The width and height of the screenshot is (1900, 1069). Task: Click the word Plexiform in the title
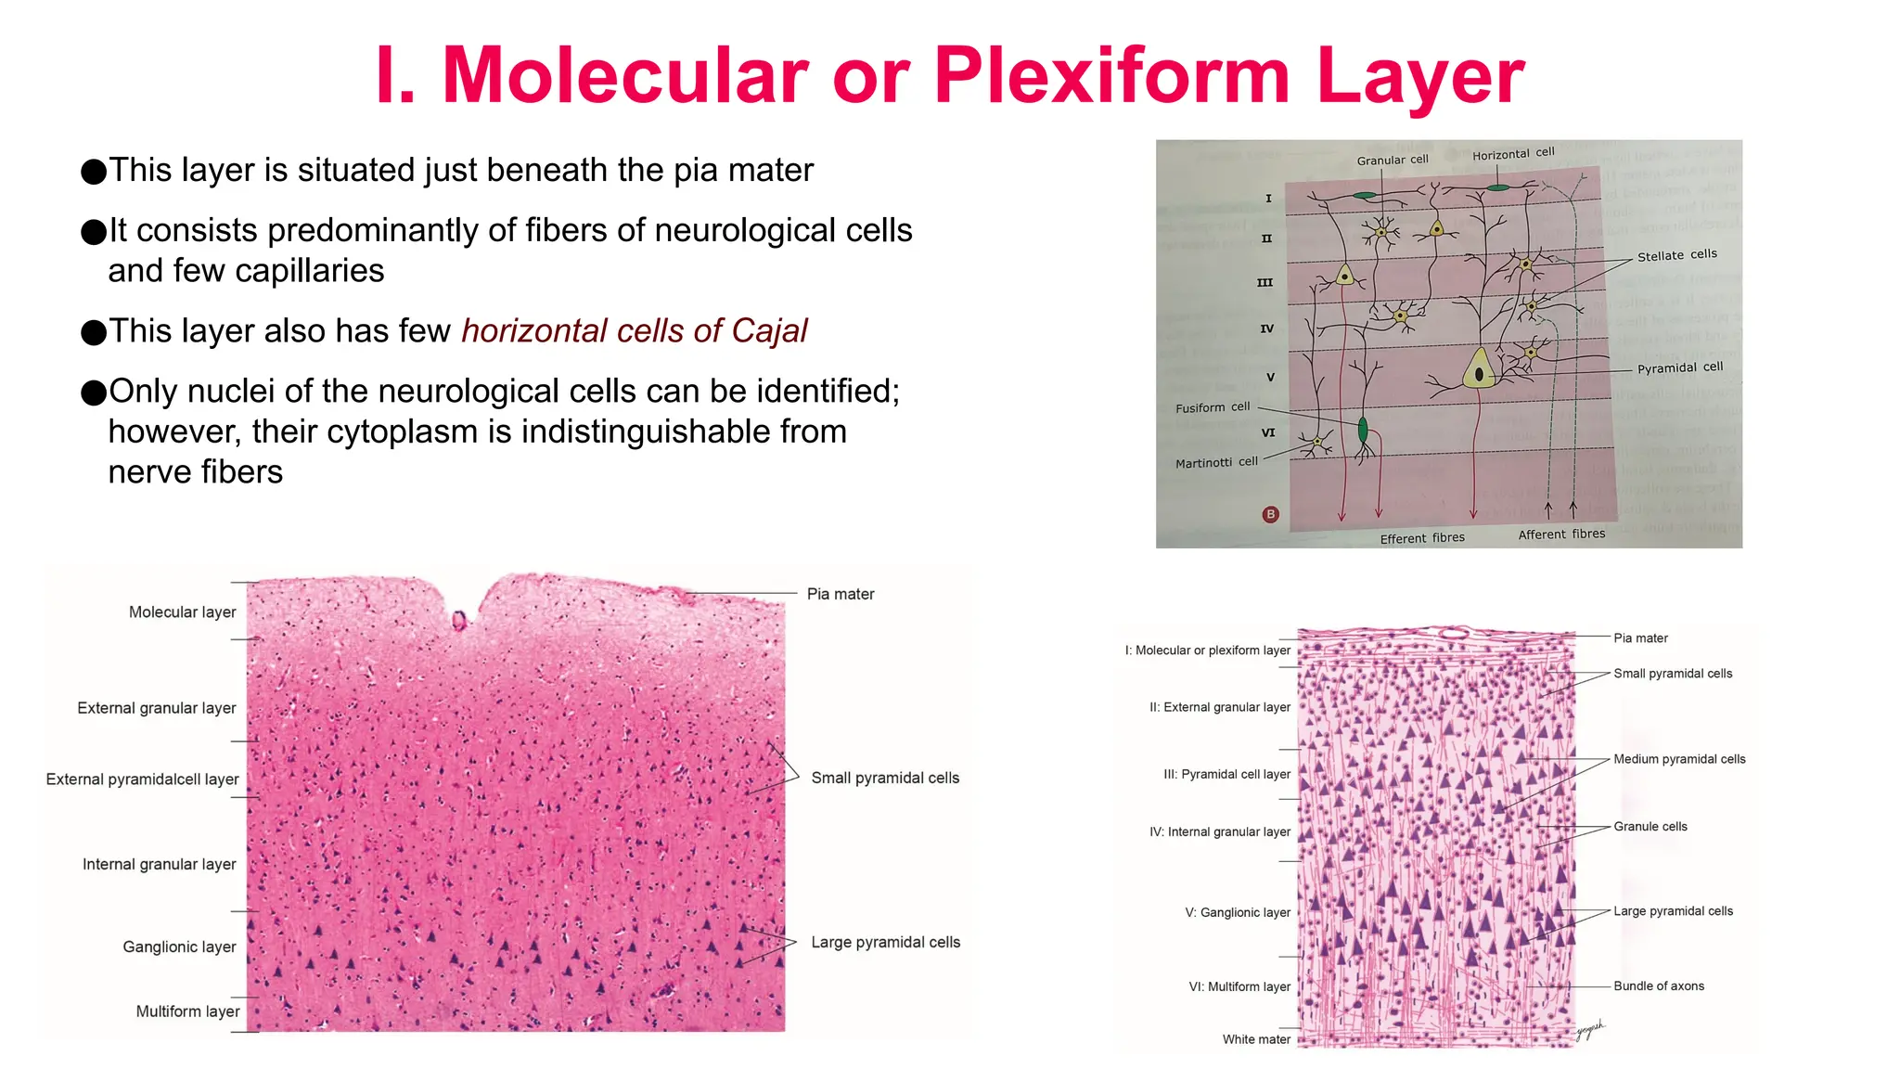click(x=1111, y=76)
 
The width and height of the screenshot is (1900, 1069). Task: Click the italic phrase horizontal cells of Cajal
click(x=635, y=331)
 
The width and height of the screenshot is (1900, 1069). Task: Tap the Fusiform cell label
click(x=1213, y=407)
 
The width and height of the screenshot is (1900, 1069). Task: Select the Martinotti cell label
click(x=1216, y=462)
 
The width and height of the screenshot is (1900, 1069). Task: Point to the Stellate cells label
click(x=1676, y=255)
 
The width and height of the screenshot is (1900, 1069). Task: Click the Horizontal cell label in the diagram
click(x=1513, y=154)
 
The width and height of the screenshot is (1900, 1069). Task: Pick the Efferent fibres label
click(x=1422, y=538)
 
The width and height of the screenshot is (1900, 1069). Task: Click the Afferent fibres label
click(x=1561, y=534)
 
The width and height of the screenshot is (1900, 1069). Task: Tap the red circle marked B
click(x=1271, y=514)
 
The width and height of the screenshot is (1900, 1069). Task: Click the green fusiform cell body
click(x=1363, y=430)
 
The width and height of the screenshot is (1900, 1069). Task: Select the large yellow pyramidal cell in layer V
click(x=1479, y=369)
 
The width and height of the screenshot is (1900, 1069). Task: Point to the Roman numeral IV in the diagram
click(x=1267, y=328)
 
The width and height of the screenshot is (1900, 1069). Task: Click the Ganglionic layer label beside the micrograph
click(x=179, y=947)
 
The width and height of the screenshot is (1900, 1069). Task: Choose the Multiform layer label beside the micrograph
click(x=187, y=1011)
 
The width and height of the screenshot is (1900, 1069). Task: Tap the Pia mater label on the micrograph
click(x=841, y=594)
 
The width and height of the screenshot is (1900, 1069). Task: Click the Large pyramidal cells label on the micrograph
click(x=885, y=942)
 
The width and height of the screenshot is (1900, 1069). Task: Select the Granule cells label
click(x=1650, y=827)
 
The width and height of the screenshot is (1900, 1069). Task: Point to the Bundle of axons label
click(x=1659, y=986)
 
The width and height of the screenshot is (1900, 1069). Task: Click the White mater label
click(x=1256, y=1039)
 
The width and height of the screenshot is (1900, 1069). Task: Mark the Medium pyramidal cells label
click(x=1679, y=759)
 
